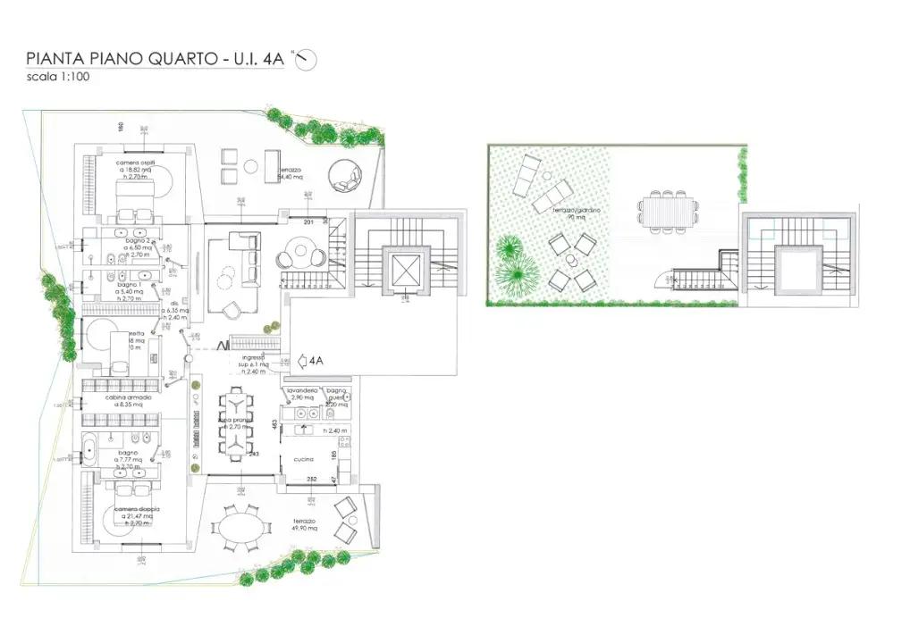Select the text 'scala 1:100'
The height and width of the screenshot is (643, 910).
click(x=58, y=78)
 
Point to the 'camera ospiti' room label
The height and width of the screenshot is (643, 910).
click(x=135, y=163)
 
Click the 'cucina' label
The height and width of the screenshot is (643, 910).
click(x=303, y=459)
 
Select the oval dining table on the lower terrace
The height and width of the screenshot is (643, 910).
click(x=243, y=534)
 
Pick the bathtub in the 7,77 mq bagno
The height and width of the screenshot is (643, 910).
click(x=92, y=448)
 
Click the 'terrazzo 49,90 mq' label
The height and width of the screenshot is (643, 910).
click(x=306, y=523)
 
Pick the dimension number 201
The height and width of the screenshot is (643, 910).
click(x=309, y=221)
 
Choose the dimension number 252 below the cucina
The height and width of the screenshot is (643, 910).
click(x=312, y=480)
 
